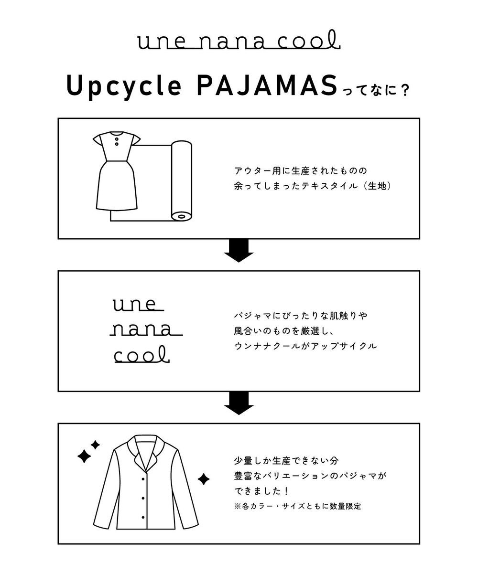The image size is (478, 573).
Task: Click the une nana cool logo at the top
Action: pyautogui.click(x=239, y=42)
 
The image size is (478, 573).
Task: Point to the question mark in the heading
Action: pyautogui.click(x=405, y=91)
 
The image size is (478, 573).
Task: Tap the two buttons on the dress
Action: pyautogui.click(x=116, y=144)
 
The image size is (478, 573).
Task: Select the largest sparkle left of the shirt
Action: pyautogui.click(x=84, y=456)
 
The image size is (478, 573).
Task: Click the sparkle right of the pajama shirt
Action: pyautogui.click(x=204, y=478)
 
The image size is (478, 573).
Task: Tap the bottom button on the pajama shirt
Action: pyautogui.click(x=143, y=516)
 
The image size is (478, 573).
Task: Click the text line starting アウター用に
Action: pyautogui.click(x=303, y=170)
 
